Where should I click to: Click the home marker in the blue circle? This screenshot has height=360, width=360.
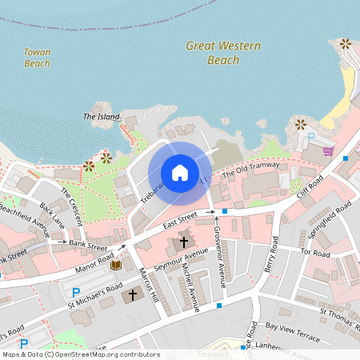[180, 173]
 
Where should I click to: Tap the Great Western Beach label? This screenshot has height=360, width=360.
[223, 53]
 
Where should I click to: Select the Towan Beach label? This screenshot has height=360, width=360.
[37, 58]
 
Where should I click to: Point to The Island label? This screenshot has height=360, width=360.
[100, 117]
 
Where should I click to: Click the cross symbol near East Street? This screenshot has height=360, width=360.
[184, 241]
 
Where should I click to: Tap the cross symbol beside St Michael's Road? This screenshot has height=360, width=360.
[132, 295]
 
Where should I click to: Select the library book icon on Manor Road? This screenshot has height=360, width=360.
[116, 265]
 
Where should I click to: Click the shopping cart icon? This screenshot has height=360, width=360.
[328, 150]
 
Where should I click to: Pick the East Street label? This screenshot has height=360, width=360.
[180, 218]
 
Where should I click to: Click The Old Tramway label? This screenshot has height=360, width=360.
[251, 170]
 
